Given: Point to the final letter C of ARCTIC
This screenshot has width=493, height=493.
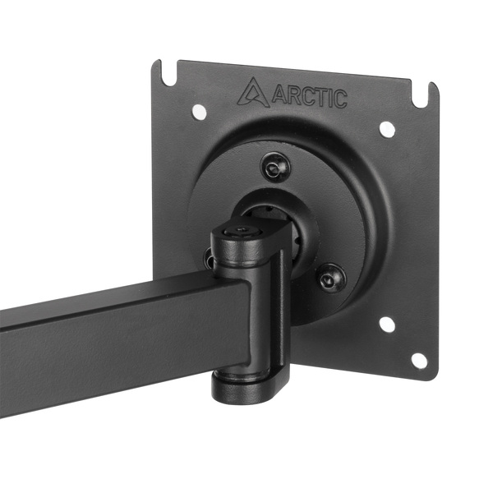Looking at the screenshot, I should click(339, 100).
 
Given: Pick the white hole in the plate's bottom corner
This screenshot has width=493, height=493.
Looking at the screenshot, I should click(418, 360).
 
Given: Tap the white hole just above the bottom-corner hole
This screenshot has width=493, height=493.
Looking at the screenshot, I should click(387, 324).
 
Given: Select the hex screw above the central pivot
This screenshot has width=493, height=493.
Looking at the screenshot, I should click(274, 168).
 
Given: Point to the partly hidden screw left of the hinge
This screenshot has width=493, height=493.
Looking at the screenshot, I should click(209, 261).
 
